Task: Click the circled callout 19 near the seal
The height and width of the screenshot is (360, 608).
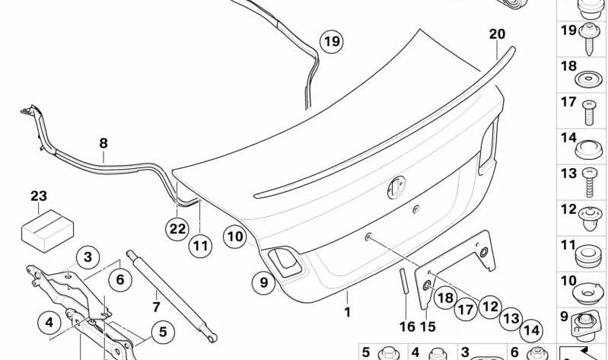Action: (x=331, y=42)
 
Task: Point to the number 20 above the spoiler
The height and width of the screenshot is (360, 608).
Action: (x=497, y=34)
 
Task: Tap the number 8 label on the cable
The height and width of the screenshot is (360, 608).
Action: (x=103, y=142)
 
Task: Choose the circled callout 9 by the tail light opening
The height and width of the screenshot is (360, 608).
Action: (x=264, y=283)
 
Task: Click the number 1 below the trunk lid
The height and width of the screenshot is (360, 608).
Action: (x=347, y=312)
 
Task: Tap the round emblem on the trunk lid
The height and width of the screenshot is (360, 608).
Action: (x=396, y=187)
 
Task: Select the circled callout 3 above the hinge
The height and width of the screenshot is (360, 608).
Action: (x=88, y=257)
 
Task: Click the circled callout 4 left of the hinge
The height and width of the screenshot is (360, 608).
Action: (x=50, y=323)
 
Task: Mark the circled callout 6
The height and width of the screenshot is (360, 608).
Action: (x=119, y=280)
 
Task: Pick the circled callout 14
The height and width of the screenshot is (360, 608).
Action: (x=531, y=330)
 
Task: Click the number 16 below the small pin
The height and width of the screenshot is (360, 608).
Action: (x=407, y=327)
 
